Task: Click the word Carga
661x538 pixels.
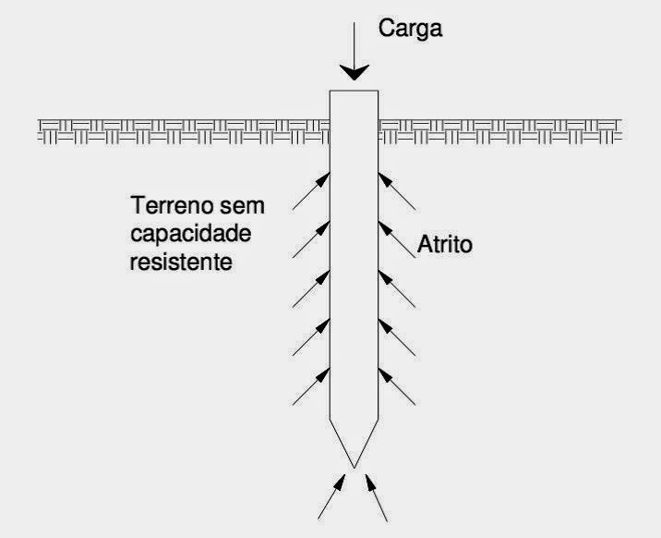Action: [x=412, y=29]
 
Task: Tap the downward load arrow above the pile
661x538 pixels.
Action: [x=355, y=58]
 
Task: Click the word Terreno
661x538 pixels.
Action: [x=169, y=204]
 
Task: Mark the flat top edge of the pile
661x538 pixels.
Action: [x=355, y=90]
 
